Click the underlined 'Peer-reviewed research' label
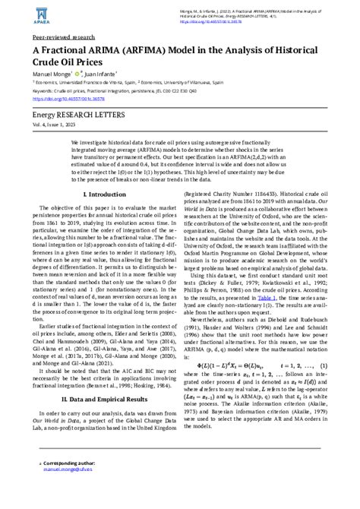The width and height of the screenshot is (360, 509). pos(65,36)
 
